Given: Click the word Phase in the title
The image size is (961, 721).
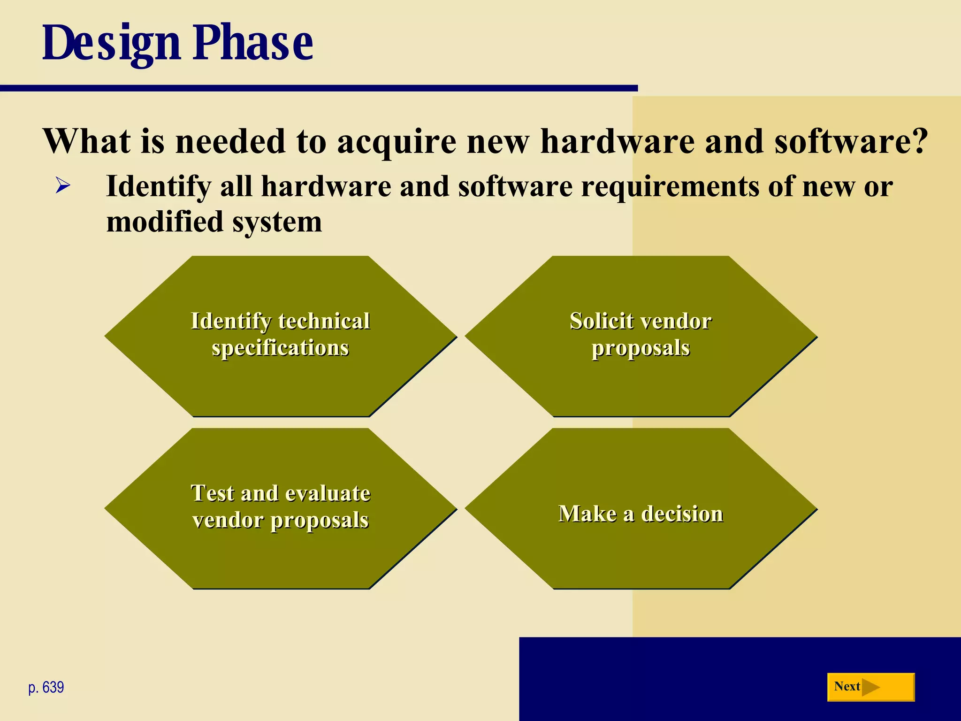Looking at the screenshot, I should tap(253, 43).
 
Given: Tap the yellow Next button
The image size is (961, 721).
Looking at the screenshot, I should tap(870, 687).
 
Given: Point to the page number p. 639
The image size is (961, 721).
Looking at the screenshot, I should tap(46, 687).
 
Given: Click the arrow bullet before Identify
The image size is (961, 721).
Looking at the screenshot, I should tap(63, 186).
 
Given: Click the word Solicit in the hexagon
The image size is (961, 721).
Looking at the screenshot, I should tap(601, 322).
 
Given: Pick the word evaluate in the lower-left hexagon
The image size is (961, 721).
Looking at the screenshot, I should tap(327, 494).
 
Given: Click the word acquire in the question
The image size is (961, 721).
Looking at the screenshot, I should tap(397, 141).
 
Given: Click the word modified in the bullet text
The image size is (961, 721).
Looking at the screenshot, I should tap(164, 222).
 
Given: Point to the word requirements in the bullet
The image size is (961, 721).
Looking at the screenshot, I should tap(670, 187).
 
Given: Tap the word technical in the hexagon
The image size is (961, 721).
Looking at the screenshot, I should tap(324, 322).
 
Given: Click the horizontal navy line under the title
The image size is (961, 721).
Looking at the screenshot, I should tap(319, 88).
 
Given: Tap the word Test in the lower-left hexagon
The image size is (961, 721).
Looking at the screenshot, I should tap(212, 494).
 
